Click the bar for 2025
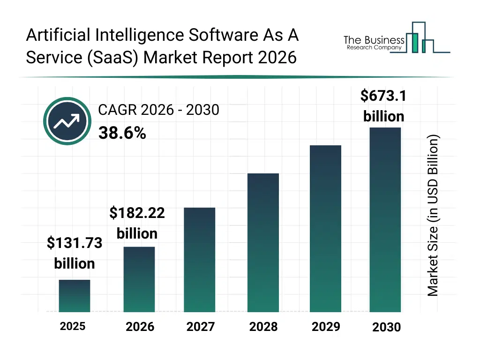tap(75, 296)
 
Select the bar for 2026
tap(139, 279)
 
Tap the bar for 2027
tap(200, 260)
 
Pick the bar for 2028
tap(263, 242)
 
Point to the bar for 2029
tap(325, 228)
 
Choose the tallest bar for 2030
tap(385, 219)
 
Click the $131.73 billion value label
tap(75, 253)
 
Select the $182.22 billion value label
tap(137, 223)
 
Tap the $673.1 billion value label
tap(383, 105)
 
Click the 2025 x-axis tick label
tap(73, 326)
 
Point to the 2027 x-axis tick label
tap(200, 327)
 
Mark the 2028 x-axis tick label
tap(263, 327)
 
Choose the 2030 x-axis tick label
tap(386, 327)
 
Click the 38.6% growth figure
tap(122, 134)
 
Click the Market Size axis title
tap(433, 216)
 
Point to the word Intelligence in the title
tap(132, 35)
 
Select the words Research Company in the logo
tap(374, 48)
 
